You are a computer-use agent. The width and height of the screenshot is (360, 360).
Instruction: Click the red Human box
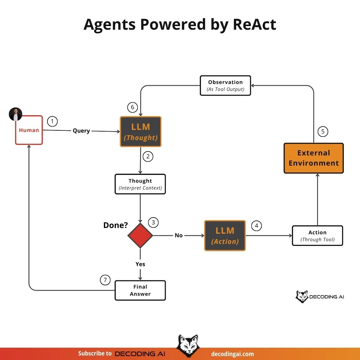click(x=29, y=130)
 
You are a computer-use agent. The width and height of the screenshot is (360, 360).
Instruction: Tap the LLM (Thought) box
click(x=141, y=132)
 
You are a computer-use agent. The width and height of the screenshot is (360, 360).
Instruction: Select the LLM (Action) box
click(x=225, y=235)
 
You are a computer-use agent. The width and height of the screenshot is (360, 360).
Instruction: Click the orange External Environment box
click(x=313, y=158)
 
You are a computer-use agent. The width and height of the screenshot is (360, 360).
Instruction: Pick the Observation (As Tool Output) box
click(x=225, y=85)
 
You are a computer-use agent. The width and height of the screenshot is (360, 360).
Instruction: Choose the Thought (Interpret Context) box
click(x=140, y=184)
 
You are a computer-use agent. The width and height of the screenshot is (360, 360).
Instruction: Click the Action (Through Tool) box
click(x=317, y=236)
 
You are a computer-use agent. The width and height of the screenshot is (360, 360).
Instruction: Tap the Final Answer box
click(x=140, y=290)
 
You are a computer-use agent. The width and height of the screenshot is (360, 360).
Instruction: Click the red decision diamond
click(x=140, y=235)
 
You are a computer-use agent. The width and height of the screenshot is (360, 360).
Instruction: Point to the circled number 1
click(x=52, y=121)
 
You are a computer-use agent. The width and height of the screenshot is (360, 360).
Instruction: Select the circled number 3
click(x=153, y=222)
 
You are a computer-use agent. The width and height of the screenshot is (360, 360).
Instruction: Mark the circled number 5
click(x=323, y=131)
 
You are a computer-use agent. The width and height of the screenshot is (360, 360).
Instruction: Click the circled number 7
click(x=105, y=280)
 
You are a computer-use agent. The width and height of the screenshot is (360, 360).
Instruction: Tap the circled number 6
click(x=133, y=107)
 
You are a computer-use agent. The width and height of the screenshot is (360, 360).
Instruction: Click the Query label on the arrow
click(x=81, y=131)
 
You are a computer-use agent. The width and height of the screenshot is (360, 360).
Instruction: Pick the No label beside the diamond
click(x=178, y=235)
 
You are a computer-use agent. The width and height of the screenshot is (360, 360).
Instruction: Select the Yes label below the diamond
click(x=140, y=264)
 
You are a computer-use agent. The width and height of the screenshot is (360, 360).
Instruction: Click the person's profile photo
click(x=16, y=114)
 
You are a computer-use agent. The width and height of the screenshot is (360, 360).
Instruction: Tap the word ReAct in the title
click(x=254, y=25)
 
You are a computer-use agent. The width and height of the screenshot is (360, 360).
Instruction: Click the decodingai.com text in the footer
click(x=232, y=354)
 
